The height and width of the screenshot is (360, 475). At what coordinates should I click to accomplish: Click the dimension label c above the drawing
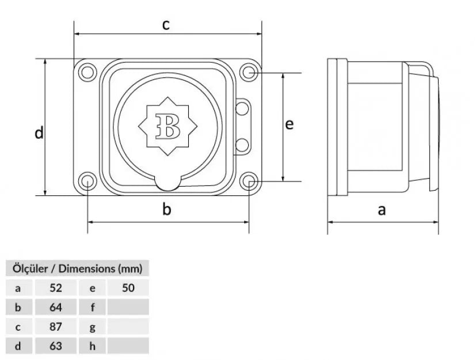166,25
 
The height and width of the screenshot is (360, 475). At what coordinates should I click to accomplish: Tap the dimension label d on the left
39,133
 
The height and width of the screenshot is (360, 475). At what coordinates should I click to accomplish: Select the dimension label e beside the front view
290,124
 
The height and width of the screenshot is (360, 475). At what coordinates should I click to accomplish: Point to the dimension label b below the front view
167,210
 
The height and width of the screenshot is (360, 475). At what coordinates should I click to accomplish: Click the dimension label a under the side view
382,210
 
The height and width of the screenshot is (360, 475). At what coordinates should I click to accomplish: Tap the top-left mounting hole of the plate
87,73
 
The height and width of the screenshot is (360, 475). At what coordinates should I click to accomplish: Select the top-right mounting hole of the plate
249,73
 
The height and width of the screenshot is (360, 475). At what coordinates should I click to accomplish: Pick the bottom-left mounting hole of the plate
87,181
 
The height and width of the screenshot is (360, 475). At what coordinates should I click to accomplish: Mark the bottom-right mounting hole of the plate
249,181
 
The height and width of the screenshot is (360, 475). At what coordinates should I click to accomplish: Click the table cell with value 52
56,287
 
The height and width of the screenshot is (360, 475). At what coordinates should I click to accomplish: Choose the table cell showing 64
56,307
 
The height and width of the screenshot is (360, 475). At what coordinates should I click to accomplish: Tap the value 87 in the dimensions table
56,327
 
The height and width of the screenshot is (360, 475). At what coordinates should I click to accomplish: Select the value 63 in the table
56,346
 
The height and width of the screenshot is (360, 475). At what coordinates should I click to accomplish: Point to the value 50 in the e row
128,287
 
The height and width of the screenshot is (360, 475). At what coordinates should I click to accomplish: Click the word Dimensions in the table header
86,268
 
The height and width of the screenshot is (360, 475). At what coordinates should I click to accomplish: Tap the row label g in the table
93,327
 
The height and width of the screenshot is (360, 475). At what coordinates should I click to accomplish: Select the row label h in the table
93,346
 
